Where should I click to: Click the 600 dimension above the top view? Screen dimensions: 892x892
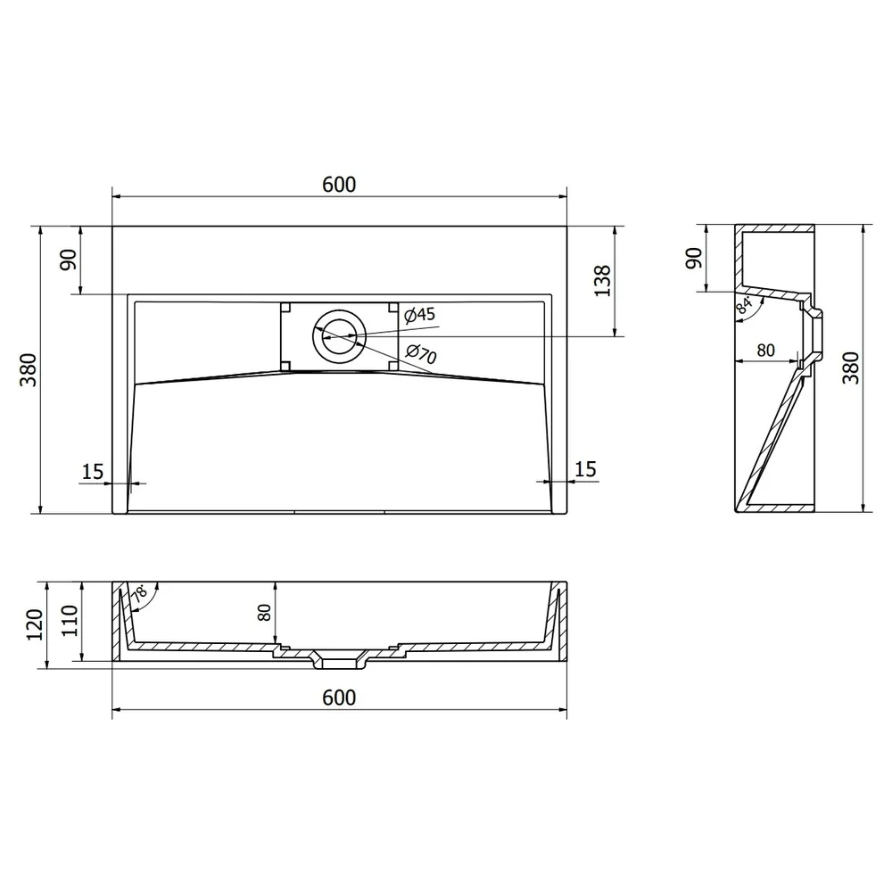(339, 185)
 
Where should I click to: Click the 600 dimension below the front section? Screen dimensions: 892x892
(339, 698)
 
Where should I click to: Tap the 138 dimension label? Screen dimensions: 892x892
(602, 280)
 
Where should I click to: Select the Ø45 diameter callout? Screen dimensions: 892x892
(420, 314)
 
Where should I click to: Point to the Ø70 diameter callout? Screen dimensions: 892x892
(421, 354)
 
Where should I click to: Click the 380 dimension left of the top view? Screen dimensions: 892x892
(29, 370)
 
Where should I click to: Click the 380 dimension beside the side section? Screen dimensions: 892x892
(850, 368)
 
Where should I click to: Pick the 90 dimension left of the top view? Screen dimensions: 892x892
(69, 260)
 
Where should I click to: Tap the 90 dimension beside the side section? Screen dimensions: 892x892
(693, 258)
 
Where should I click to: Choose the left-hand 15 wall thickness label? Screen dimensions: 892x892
(93, 472)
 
